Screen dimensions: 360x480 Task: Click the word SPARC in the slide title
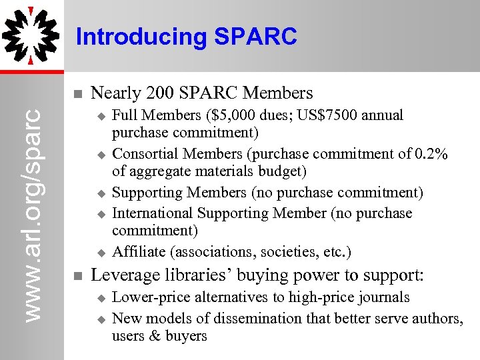[x=255, y=37]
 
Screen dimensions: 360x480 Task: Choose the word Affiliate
[x=139, y=252]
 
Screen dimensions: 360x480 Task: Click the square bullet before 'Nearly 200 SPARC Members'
[x=77, y=93]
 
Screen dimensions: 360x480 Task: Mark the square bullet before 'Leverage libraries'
[x=77, y=276]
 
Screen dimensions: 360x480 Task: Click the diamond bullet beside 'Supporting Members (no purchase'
[x=101, y=194]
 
